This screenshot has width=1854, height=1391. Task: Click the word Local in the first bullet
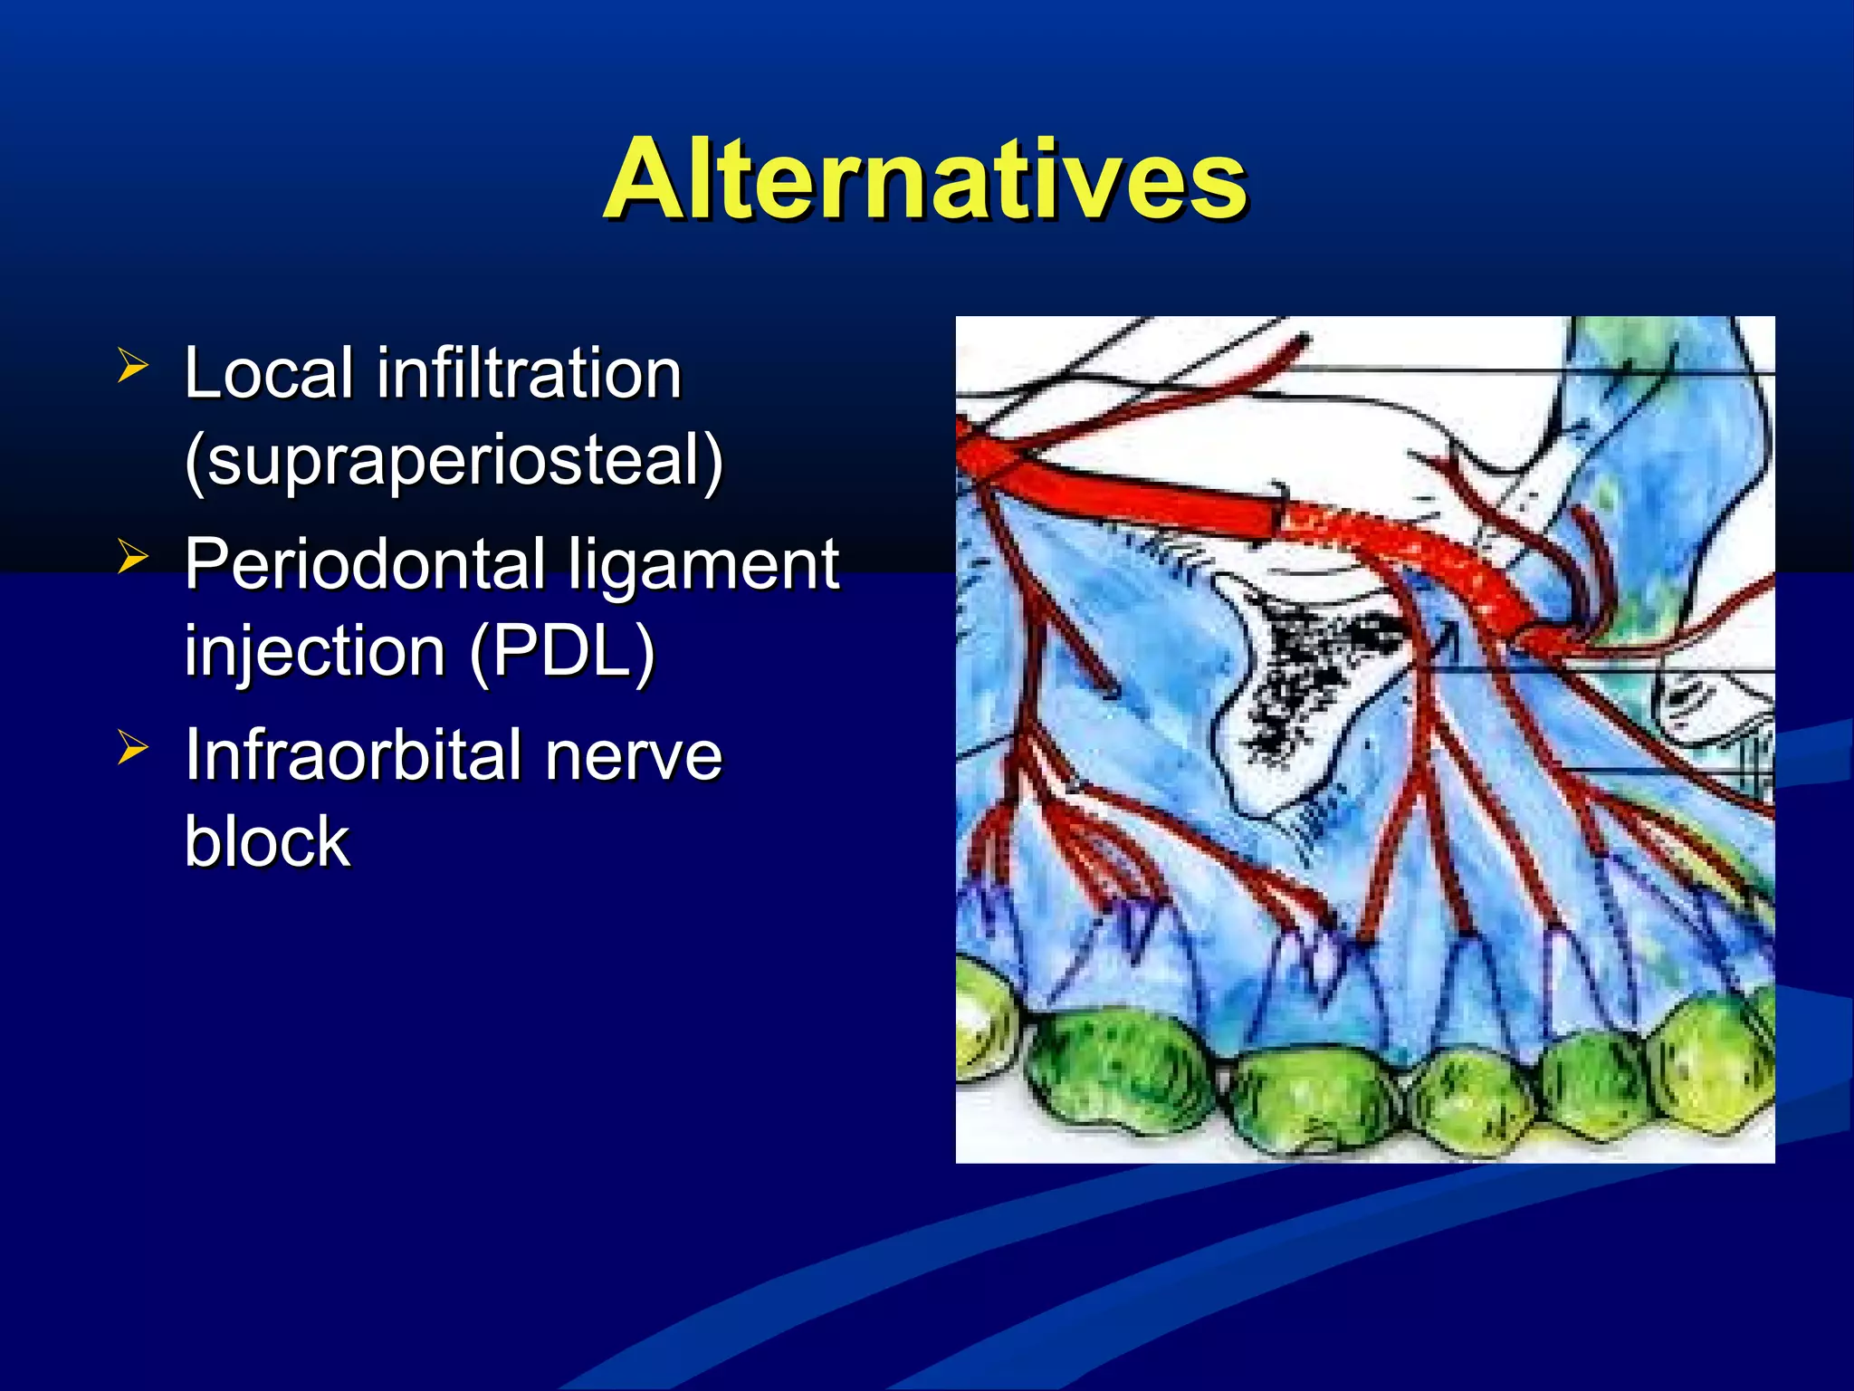pos(268,373)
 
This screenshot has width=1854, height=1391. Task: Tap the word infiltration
pos(529,373)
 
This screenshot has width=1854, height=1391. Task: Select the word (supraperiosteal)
pos(453,460)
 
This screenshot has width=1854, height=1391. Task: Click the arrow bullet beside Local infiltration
pos(132,366)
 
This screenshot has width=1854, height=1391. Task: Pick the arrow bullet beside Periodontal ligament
pos(132,557)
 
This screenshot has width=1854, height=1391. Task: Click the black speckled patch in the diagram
pos(1313,670)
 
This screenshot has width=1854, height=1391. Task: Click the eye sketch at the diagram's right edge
pos(1702,697)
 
